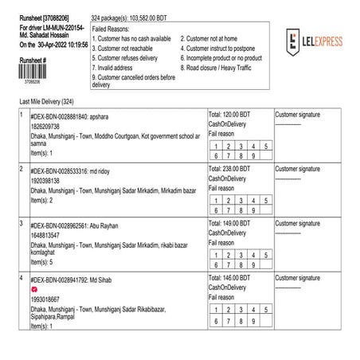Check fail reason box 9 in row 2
click(x=254, y=209)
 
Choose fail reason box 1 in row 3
click(x=216, y=255)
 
